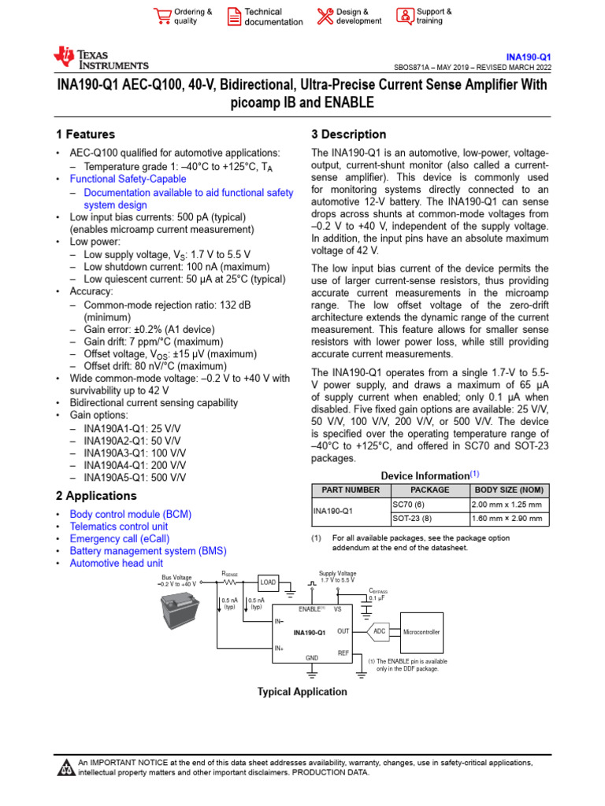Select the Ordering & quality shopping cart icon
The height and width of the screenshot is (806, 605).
coord(162,17)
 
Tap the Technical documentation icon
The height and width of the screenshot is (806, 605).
coord(234,17)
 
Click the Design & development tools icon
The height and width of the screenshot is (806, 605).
coord(325,17)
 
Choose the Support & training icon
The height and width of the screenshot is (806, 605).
coord(404,17)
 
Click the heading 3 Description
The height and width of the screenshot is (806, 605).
coord(348,135)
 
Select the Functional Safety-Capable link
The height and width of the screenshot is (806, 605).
coord(128,179)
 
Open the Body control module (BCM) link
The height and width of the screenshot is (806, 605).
coord(130,514)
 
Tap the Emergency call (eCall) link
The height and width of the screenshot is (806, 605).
coord(119,538)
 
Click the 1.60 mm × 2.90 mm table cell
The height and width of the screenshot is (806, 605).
coord(506,519)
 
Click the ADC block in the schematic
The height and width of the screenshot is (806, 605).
coord(380,631)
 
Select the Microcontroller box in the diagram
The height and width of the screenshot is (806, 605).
coord(422,632)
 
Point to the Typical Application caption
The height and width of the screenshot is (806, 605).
coord(302,692)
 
